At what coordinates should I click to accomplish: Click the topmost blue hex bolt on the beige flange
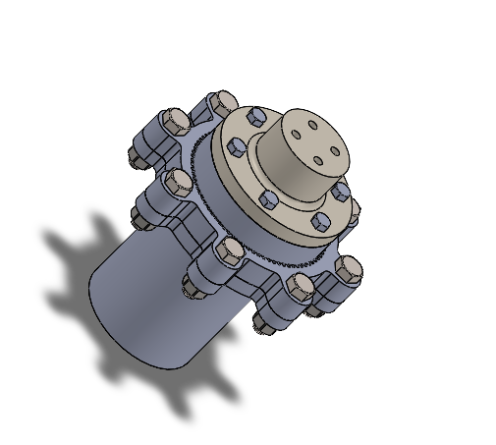(x=253, y=117)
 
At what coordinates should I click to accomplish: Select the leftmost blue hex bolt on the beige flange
(x=236, y=147)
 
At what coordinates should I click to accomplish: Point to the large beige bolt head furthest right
(x=349, y=266)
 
